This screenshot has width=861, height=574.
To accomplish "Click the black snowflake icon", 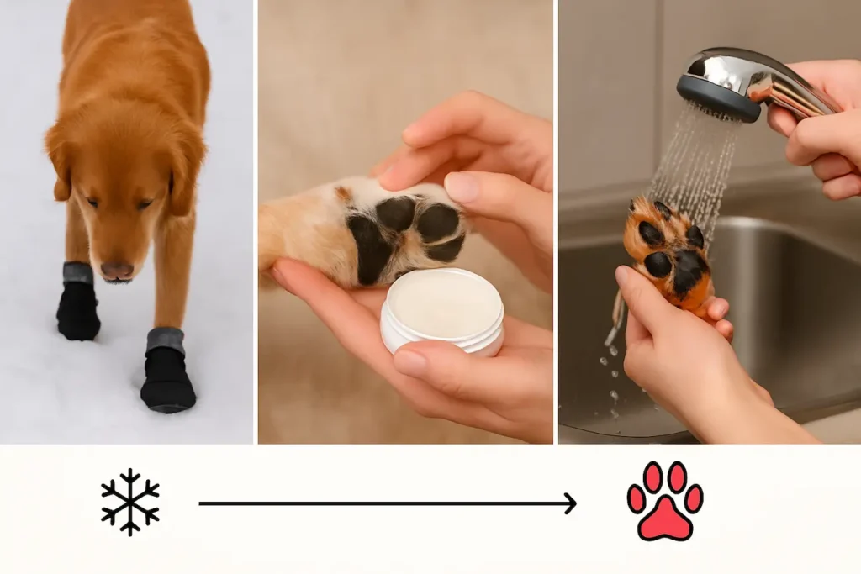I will point(130,502).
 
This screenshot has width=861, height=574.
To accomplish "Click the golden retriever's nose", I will point(117,271).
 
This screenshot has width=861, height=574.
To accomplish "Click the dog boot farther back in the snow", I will point(77,307).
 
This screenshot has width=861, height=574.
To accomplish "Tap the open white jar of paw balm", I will point(441,310).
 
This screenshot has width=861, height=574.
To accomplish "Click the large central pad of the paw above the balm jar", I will point(367,247).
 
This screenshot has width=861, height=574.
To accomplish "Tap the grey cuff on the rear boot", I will point(77,273).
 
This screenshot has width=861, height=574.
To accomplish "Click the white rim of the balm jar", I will point(441,336).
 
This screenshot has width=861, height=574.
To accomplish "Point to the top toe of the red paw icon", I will point(665,476).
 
